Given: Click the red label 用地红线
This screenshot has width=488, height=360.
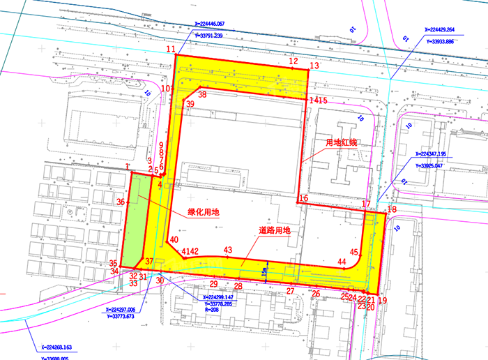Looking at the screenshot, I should tap(342, 143).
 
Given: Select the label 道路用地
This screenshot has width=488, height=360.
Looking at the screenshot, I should tap(274, 230).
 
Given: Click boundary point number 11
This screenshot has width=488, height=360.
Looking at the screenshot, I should tap(171, 49).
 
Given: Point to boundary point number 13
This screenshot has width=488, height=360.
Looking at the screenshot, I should tap(314, 66).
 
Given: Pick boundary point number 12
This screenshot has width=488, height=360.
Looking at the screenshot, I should tap(293, 62).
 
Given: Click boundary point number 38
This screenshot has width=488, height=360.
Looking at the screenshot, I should tap(202, 94).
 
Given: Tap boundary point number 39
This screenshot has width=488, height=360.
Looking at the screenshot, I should tap(190, 104).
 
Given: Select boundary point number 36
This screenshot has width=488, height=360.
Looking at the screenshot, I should tap(121, 202).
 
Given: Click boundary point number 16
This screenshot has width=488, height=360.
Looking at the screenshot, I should tap(303, 199).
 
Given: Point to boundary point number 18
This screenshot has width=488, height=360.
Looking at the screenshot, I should tap(392, 209).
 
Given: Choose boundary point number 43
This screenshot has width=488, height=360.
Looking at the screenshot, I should tap(227, 250).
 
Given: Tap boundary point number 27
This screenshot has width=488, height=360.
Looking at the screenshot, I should tap(291, 290).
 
